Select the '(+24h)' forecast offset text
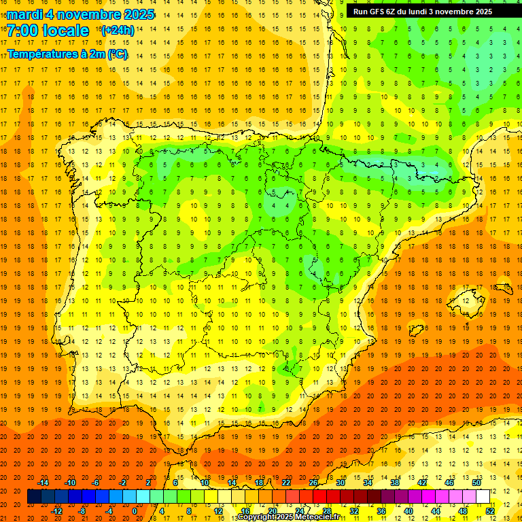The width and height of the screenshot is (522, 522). (118, 31)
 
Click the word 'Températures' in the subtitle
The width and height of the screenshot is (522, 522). (41, 54)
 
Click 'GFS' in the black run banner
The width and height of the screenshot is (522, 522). (380, 12)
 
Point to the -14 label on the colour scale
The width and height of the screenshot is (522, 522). (43, 483)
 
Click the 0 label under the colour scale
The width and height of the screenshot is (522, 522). (135, 511)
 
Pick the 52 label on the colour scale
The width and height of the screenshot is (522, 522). (490, 511)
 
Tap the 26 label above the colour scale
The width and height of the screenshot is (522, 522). (313, 483)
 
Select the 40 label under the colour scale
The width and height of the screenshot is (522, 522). (408, 511)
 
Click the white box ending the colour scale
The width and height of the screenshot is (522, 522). (483, 497)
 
